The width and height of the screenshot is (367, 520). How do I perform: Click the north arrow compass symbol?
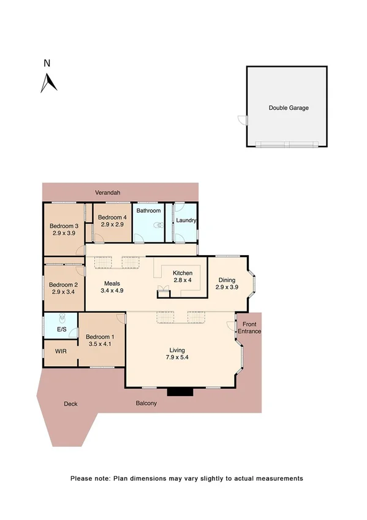48,82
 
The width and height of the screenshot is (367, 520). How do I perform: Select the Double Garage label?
289,108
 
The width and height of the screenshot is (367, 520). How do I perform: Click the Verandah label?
107,193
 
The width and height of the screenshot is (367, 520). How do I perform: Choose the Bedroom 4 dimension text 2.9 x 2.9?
112,225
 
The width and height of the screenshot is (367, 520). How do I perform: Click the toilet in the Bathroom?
159,225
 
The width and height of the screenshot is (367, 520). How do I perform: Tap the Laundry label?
186,221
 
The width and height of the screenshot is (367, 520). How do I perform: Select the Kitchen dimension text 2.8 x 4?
183,280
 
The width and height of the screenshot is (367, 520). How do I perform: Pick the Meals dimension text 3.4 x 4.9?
114,291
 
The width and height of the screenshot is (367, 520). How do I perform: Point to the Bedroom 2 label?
64,285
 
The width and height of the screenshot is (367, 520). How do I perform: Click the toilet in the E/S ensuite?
61,319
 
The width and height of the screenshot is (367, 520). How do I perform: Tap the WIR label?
61,352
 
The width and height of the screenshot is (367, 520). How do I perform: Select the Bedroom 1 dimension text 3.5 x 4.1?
101,345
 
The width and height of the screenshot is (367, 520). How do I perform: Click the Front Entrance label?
249,327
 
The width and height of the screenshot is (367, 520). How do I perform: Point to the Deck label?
70,404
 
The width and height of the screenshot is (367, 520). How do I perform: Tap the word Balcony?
146,403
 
